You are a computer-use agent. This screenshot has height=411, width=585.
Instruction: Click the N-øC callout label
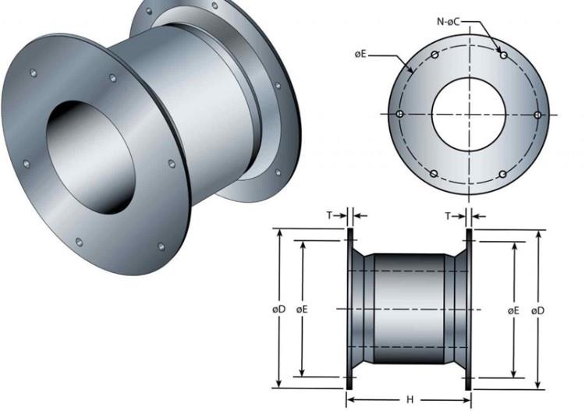pos(448,22)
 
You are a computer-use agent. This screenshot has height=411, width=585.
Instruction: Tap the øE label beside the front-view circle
pos(360,55)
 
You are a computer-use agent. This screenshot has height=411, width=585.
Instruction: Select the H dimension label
pos(409,400)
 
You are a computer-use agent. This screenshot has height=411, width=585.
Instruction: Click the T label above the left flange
pos(329,215)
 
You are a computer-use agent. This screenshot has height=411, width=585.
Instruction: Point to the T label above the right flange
pos(448,216)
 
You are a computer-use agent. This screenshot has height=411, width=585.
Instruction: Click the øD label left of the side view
pos(278,309)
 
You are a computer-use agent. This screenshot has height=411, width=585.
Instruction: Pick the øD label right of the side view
pos(537,310)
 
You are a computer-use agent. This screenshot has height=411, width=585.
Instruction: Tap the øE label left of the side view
pos(302,309)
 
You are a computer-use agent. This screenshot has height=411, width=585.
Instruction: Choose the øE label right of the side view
pos(513,310)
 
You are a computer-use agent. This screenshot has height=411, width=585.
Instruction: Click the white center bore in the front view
pos(469,115)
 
